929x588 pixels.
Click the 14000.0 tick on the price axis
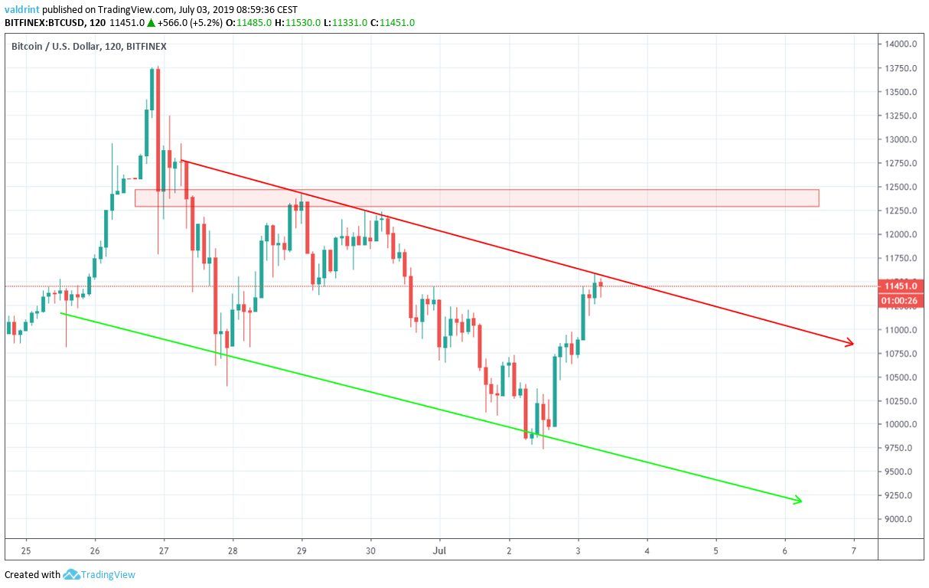tap(901, 44)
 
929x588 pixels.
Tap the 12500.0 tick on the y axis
tap(901, 187)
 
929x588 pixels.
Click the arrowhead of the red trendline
tap(849, 345)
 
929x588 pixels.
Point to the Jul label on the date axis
tap(440, 550)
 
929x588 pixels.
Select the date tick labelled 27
tap(164, 550)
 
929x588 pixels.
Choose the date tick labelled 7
tap(853, 550)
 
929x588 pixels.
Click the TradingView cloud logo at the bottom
tap(72, 574)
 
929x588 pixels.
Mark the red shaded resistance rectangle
tap(476, 198)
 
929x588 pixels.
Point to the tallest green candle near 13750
tap(152, 89)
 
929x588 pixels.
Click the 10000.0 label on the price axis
tap(901, 424)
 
